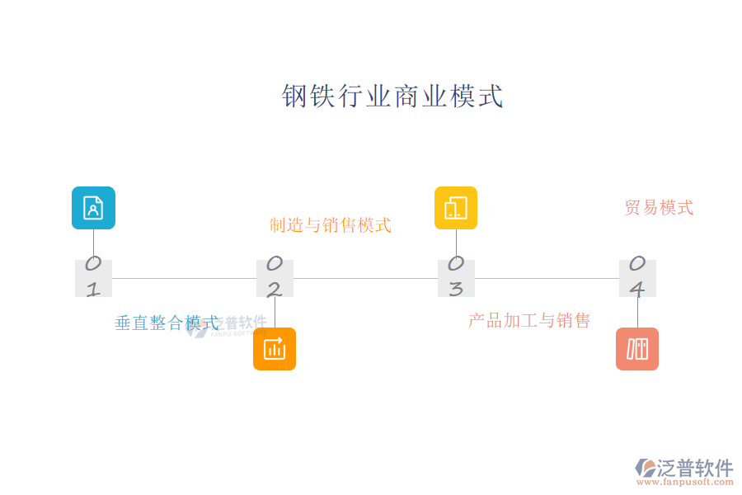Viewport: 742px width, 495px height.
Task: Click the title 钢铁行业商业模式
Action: tap(392, 97)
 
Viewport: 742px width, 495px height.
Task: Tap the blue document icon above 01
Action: tap(93, 208)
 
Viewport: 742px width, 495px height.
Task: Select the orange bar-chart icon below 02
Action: tap(275, 349)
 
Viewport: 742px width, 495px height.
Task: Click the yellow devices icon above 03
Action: tap(456, 208)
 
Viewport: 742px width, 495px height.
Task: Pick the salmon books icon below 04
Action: tap(637, 349)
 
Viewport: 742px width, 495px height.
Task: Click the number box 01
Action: tap(93, 278)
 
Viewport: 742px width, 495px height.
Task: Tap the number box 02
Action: tap(275, 278)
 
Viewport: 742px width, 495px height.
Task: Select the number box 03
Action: tap(456, 278)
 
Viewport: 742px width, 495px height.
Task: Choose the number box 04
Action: tap(637, 278)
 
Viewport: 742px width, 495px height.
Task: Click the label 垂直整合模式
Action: tap(167, 323)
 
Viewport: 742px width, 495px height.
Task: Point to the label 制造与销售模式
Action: tap(331, 224)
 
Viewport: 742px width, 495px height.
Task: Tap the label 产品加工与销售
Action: tap(529, 320)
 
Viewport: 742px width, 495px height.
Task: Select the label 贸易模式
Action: tap(659, 207)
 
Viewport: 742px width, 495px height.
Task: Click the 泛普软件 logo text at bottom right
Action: tap(696, 468)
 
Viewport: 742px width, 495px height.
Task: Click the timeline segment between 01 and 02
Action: tap(184, 278)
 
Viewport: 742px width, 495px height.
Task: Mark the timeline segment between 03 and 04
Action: tap(547, 278)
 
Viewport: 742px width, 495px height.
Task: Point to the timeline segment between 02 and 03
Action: tap(365, 278)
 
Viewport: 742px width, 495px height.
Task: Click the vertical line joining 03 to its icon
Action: tap(456, 244)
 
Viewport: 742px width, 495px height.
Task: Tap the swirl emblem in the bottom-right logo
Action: tap(646, 469)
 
